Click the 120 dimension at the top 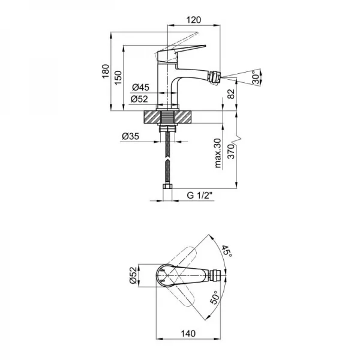point(193,19)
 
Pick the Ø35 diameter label point(131,137)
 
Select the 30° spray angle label point(256,78)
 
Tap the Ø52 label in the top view point(134,277)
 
